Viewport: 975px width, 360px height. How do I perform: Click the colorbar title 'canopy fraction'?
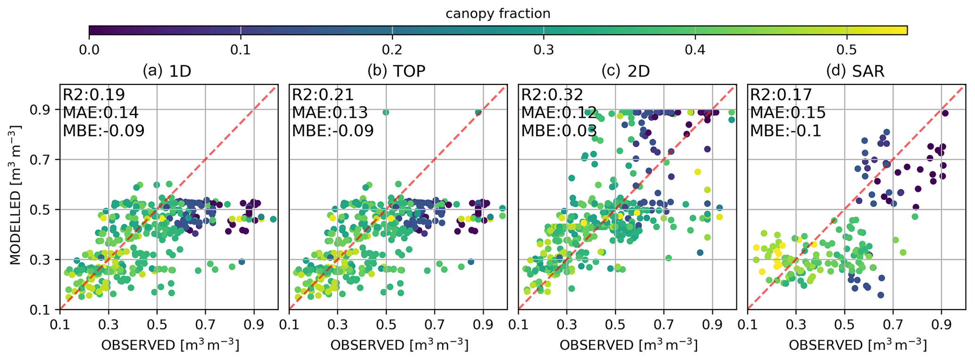(498, 14)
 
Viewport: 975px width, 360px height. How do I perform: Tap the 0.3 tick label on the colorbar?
(543, 50)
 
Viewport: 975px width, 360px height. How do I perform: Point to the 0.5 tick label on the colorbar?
(846, 50)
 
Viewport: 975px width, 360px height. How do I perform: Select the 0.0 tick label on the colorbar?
(89, 50)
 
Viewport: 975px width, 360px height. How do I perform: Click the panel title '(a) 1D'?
(167, 71)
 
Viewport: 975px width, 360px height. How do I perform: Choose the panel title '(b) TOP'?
(396, 71)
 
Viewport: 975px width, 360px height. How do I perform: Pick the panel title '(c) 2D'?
(625, 71)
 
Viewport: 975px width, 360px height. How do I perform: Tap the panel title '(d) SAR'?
(855, 71)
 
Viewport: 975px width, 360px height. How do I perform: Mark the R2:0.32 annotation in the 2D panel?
(552, 95)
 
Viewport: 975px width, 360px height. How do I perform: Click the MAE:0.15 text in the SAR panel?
(788, 112)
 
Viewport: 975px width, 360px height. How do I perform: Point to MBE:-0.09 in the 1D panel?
(104, 130)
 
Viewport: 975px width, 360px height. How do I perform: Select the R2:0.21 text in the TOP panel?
(323, 95)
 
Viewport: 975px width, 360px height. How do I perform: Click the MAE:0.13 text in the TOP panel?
(330, 112)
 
